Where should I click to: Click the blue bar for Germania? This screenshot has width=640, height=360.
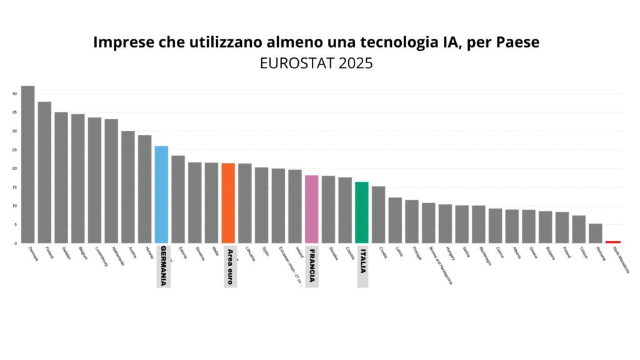coord(161,194)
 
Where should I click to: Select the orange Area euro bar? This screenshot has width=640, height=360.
coord(228,203)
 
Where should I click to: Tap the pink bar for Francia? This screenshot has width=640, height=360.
coord(312,209)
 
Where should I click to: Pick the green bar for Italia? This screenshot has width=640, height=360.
coord(362,212)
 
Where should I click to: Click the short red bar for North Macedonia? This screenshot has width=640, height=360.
coord(612,241)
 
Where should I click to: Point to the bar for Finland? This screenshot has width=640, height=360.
coord(44,172)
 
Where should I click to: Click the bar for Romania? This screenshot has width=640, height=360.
coord(596,233)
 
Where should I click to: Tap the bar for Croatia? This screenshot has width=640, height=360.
coord(379,214)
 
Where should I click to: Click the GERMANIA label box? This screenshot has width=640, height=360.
coord(163,266)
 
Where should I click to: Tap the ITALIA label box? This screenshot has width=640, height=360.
coord(362,266)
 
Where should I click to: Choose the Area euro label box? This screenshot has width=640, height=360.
coord(230,266)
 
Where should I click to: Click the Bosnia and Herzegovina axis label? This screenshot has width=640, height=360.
coord(440,264)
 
